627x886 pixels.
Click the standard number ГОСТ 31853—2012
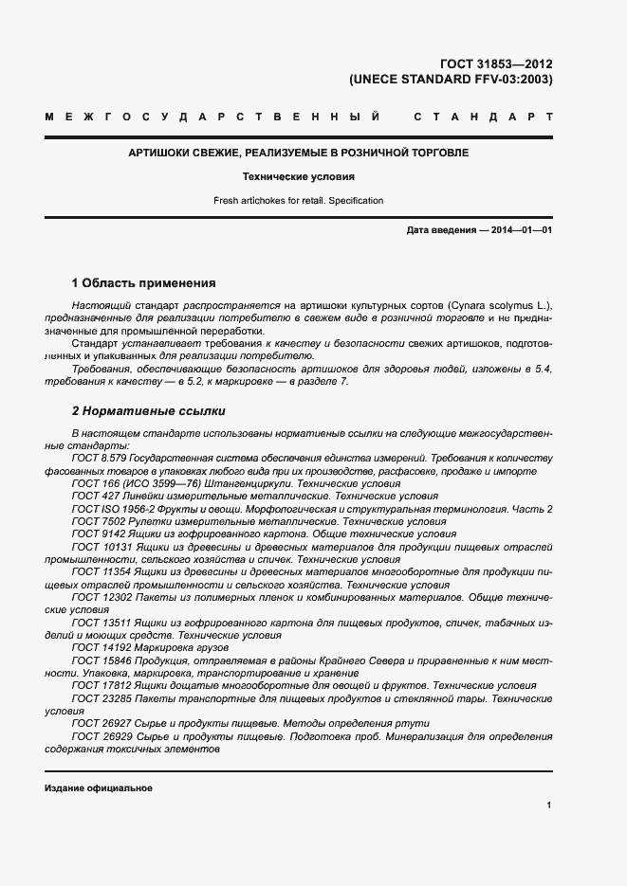[498, 64]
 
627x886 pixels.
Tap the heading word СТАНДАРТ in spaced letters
[483, 118]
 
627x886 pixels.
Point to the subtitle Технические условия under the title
[299, 176]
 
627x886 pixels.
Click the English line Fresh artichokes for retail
[299, 201]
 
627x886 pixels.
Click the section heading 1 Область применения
[144, 283]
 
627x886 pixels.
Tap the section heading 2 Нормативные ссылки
[148, 411]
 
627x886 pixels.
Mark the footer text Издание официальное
[99, 788]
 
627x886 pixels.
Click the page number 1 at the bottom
[549, 805]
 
